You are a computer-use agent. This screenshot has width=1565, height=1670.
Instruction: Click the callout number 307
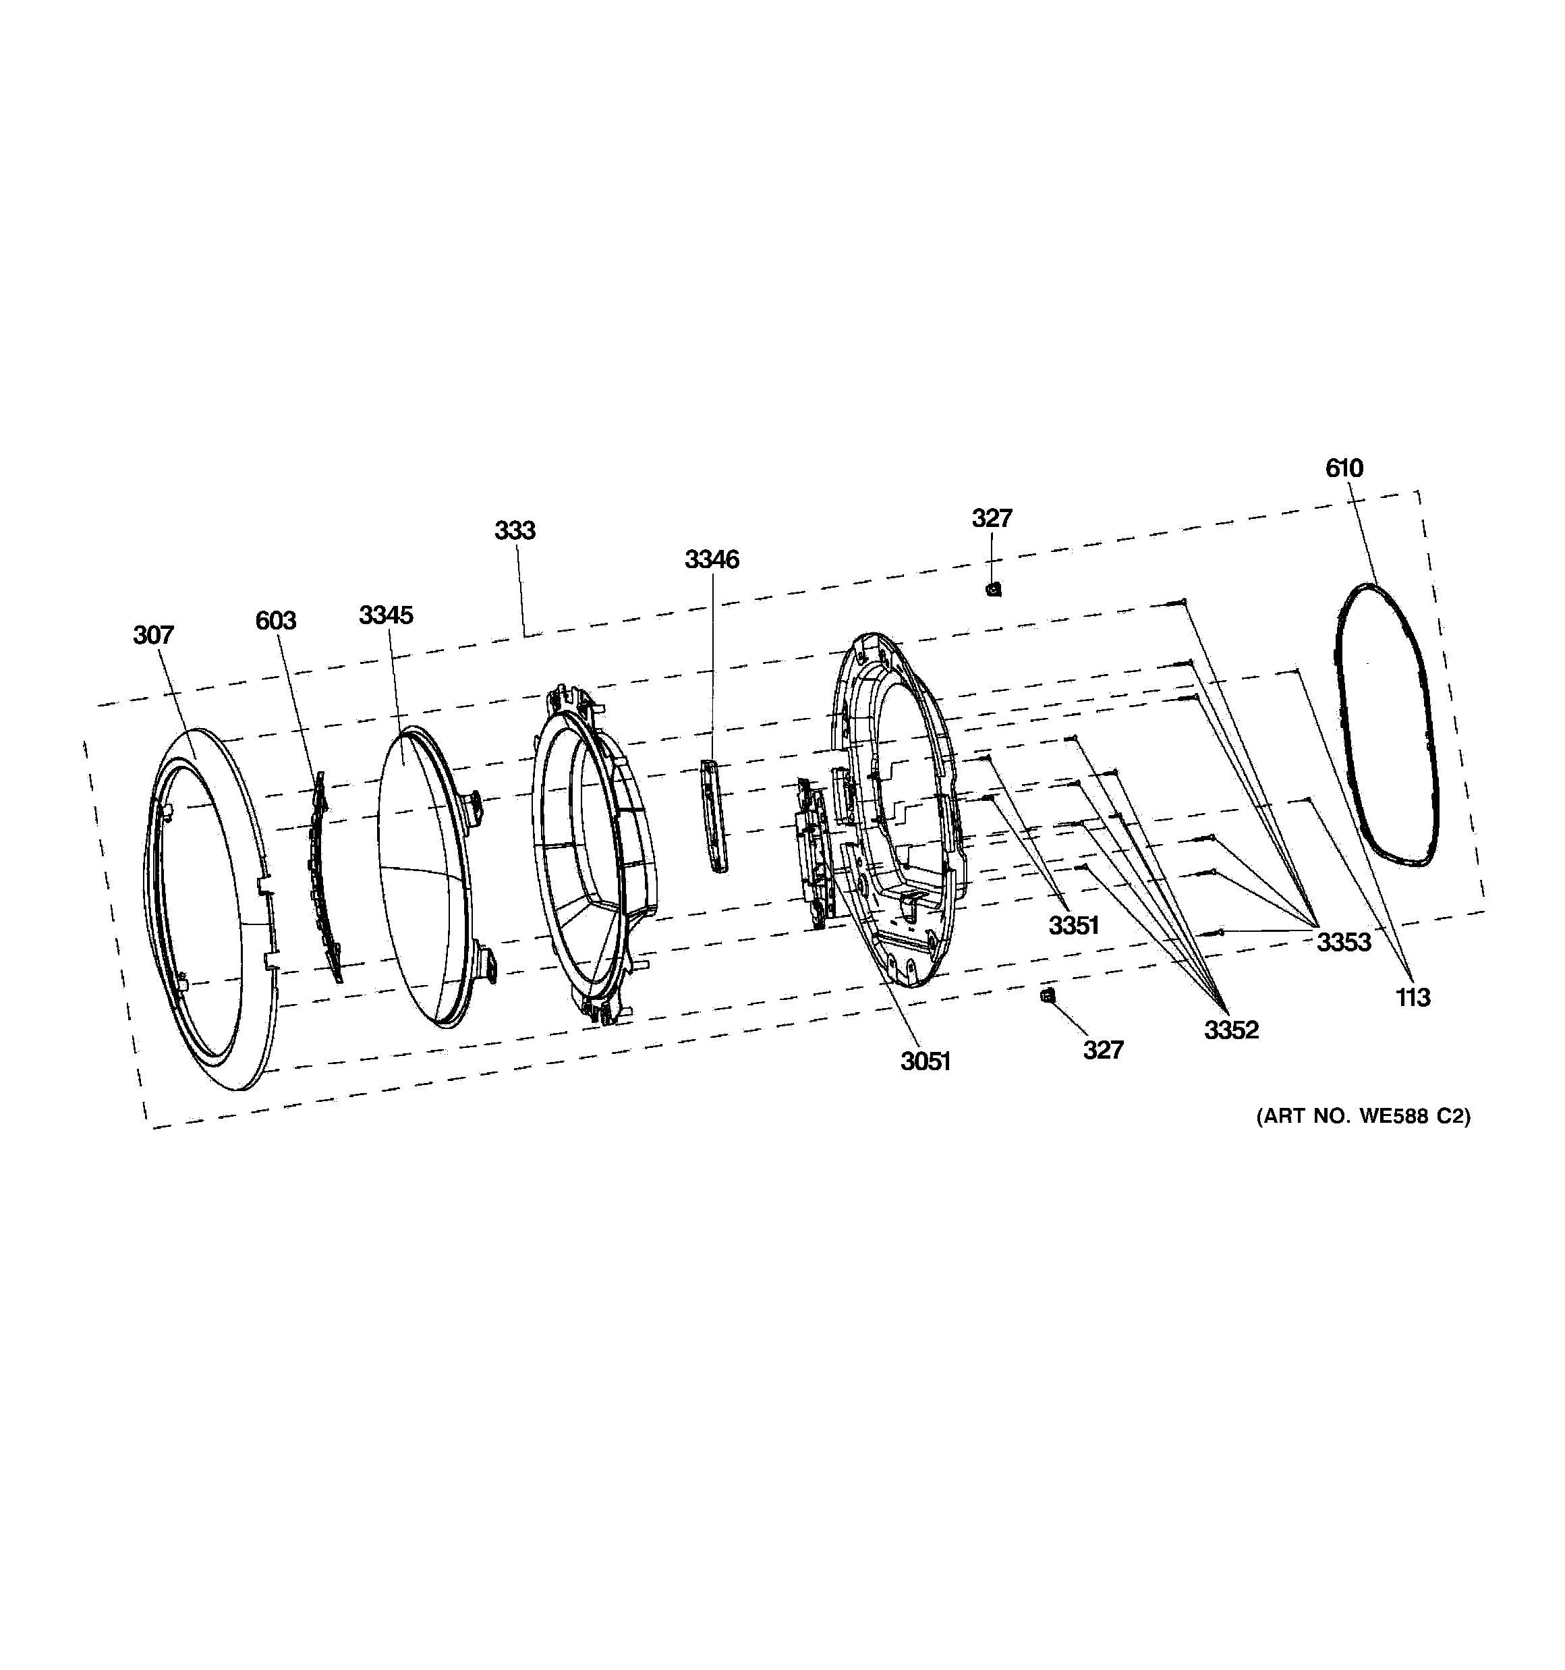[x=153, y=635]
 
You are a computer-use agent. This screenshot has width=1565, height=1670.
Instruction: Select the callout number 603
[x=275, y=621]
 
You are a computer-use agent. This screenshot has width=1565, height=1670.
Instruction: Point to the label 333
[x=514, y=530]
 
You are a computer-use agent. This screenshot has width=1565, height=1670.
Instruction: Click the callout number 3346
[x=712, y=559]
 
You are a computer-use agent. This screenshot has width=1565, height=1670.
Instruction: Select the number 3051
[x=925, y=1062]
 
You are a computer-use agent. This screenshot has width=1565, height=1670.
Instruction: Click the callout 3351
[x=1073, y=926]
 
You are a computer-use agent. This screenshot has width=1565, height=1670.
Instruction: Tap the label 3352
[x=1232, y=1030]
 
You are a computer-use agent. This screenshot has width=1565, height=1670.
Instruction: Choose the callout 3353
[x=1343, y=943]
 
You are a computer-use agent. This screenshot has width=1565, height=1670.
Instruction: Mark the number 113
[x=1413, y=998]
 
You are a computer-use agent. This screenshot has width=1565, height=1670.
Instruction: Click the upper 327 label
[x=992, y=518]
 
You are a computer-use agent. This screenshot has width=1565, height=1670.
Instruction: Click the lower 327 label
[x=1103, y=1050]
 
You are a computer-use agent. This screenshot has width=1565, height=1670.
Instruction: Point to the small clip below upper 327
[x=994, y=590]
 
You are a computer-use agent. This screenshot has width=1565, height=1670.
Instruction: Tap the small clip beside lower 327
[x=1047, y=995]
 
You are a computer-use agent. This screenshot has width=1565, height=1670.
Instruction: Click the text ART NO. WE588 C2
[x=1363, y=1117]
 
